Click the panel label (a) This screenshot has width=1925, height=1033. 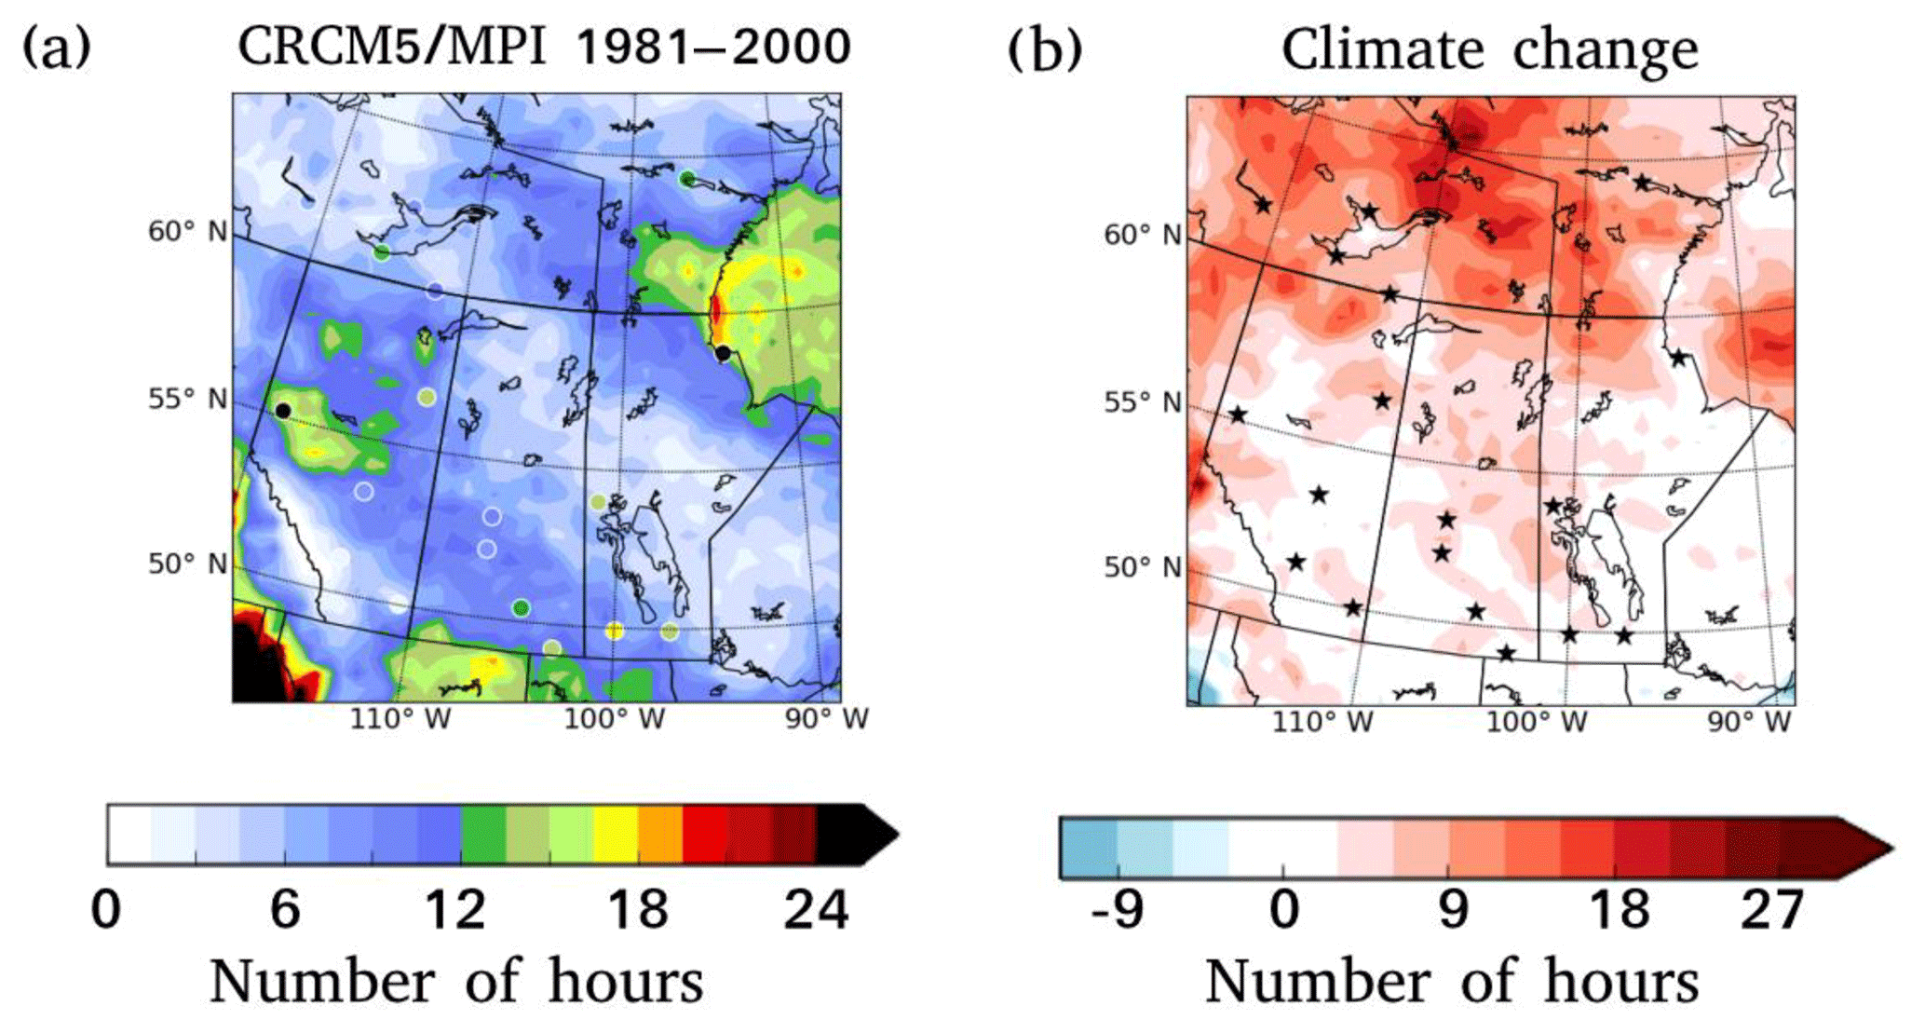point(57,48)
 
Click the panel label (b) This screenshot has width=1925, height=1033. point(1045,49)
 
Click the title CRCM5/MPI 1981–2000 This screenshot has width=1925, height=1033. point(544,47)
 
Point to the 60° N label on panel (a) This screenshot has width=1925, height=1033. point(187,230)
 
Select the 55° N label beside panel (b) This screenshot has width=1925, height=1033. point(1142,402)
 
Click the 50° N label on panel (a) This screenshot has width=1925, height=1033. point(187,564)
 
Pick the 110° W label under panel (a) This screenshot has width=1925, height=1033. point(400,719)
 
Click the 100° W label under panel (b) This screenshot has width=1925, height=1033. point(1536,722)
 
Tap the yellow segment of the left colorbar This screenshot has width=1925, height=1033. point(615,835)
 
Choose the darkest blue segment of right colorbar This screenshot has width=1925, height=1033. point(1088,848)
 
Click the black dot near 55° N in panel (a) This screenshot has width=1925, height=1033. point(283,411)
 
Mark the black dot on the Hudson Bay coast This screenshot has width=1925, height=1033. point(723,353)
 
